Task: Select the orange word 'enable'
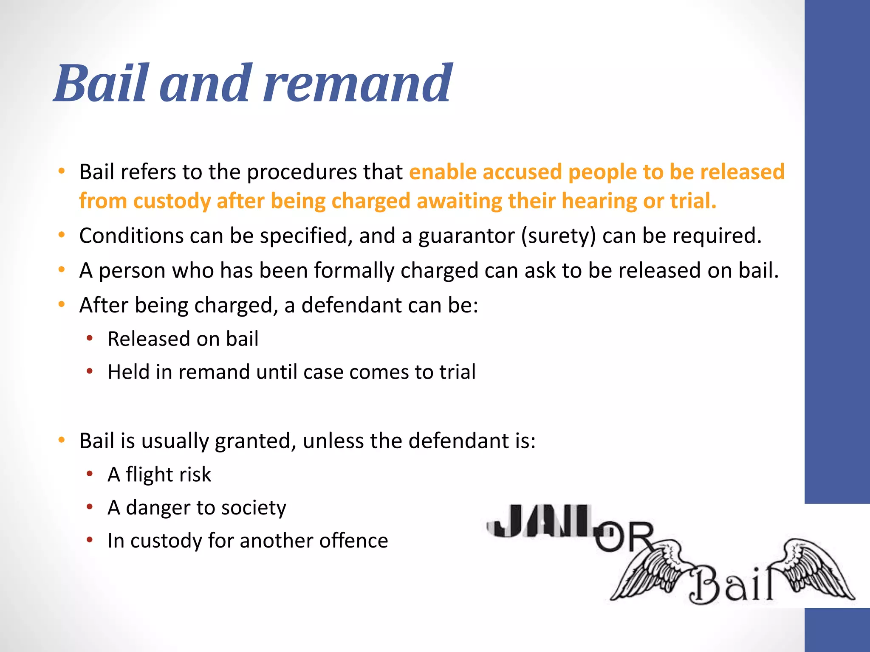tap(443, 172)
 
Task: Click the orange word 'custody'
tap(172, 201)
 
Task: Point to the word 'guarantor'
tap(466, 236)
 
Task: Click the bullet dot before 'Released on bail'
tap(90, 338)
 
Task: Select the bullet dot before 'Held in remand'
tap(90, 371)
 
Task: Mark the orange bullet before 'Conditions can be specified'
tap(62, 235)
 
